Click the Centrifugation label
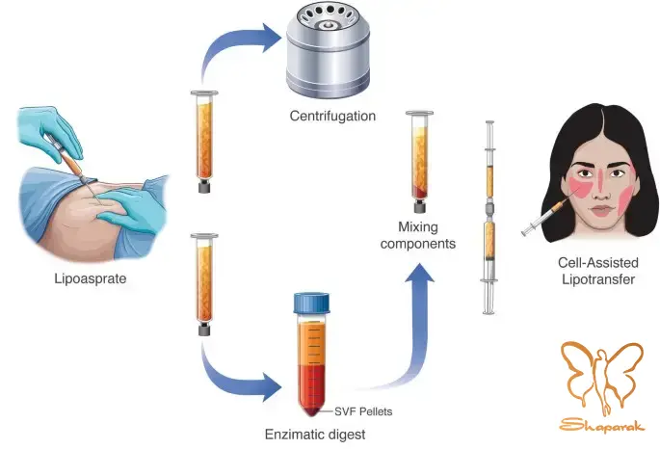(x=332, y=117)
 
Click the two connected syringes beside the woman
(x=489, y=217)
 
